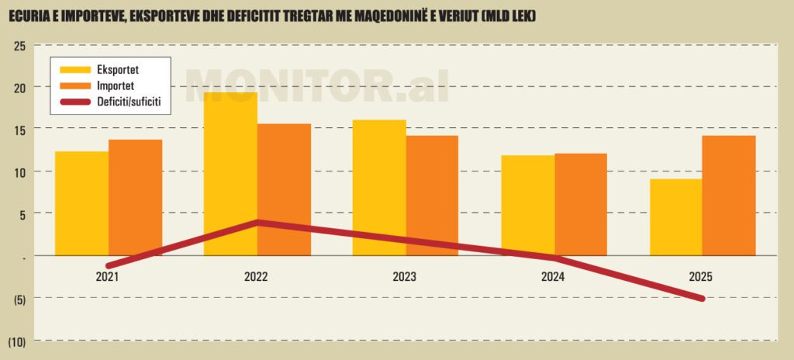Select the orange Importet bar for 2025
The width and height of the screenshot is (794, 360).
(729, 194)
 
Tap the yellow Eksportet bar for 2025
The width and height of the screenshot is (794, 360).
(676, 216)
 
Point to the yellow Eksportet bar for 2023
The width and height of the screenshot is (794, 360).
(379, 186)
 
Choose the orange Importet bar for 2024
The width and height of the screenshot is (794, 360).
(581, 203)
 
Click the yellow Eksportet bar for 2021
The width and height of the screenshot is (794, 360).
(81, 202)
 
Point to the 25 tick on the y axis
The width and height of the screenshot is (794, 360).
(19, 46)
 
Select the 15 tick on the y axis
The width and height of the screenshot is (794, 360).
(19, 130)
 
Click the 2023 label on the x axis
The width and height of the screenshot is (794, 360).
(404, 277)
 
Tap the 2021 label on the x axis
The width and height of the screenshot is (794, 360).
(107, 277)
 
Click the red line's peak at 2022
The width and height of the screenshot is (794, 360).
(257, 223)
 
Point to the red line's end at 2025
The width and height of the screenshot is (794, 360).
(702, 298)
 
